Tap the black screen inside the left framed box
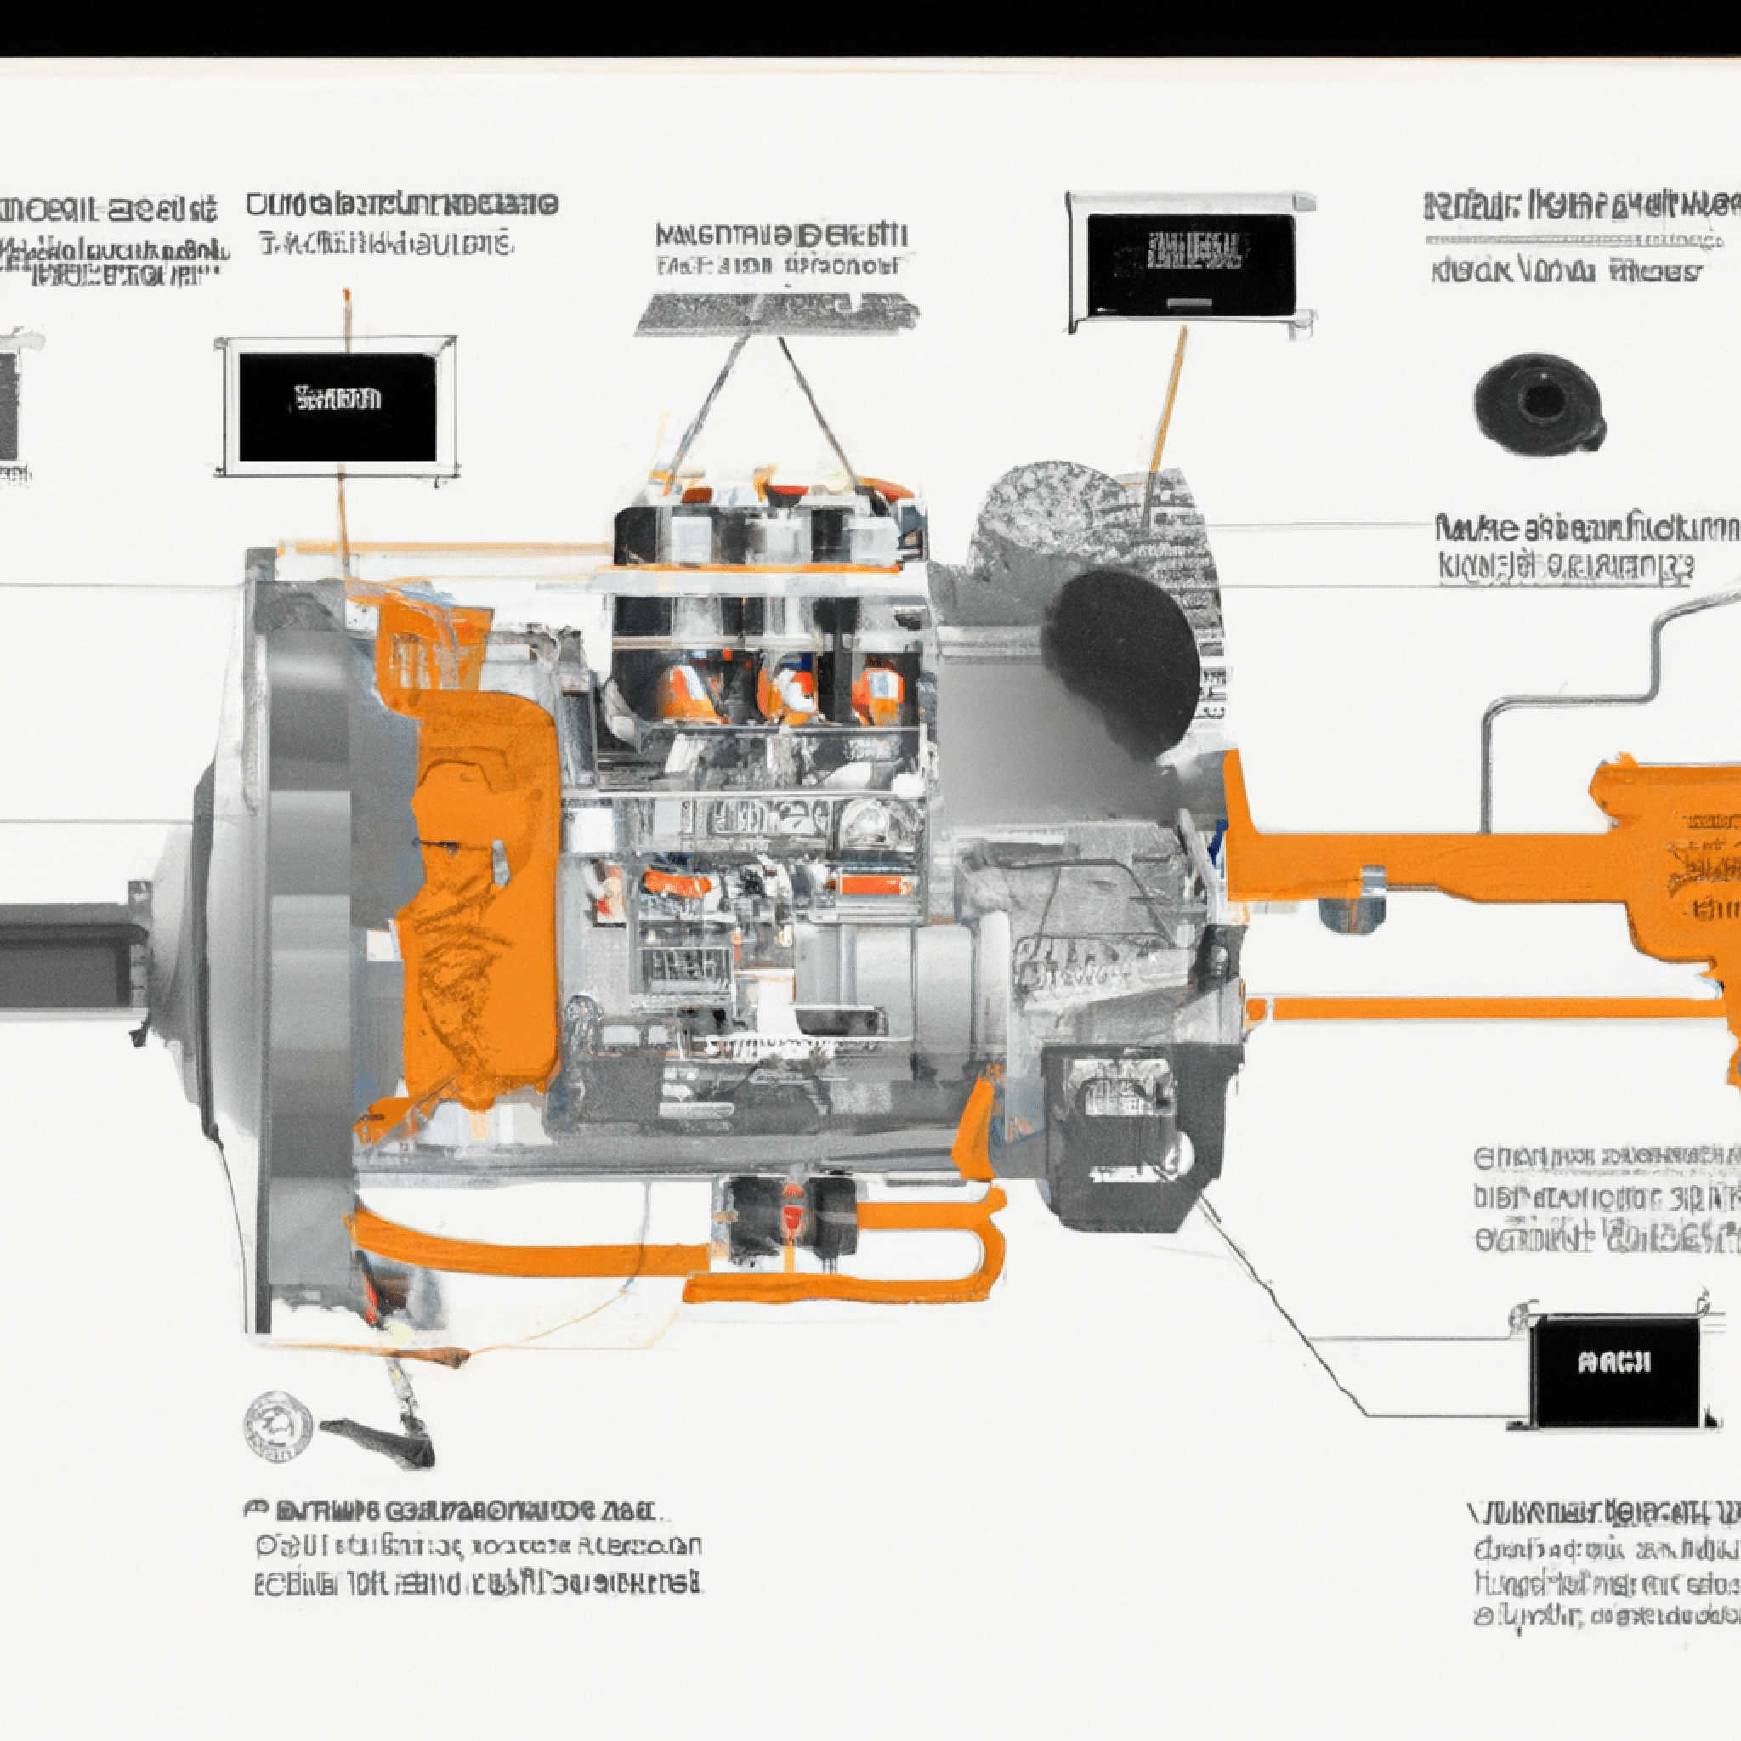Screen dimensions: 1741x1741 click(338, 406)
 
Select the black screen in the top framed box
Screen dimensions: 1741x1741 click(1190, 266)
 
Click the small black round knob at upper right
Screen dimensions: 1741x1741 click(1540, 400)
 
